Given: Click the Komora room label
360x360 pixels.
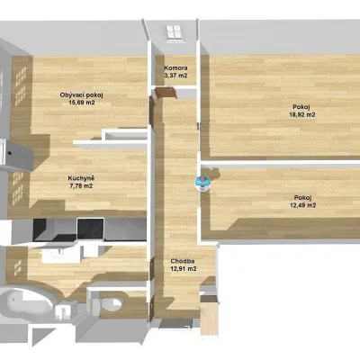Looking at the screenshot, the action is [175, 68].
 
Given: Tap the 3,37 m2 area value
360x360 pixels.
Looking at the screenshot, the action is [175, 76].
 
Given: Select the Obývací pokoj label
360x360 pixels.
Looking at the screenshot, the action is [82, 95].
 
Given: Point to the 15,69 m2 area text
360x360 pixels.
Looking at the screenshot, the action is [82, 103].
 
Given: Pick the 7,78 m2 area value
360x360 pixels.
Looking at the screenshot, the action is [81, 186].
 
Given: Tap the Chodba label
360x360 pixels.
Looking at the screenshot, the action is [183, 261].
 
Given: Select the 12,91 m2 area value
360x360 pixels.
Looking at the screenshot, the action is [184, 269].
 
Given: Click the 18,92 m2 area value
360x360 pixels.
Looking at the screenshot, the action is [302, 114].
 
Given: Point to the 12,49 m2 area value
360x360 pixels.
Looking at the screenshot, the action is [303, 205].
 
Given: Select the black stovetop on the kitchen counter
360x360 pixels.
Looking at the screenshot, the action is [91, 229].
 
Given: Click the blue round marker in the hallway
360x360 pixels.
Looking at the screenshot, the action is [202, 184].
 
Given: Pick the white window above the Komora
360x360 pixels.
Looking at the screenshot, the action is [173, 32].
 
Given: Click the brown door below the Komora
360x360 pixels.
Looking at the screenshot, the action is [165, 93].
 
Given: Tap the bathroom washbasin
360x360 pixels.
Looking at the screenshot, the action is [57, 255].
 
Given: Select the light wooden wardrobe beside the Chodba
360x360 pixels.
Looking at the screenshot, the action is [209, 315].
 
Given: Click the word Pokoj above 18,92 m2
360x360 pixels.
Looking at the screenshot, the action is [301, 107].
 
